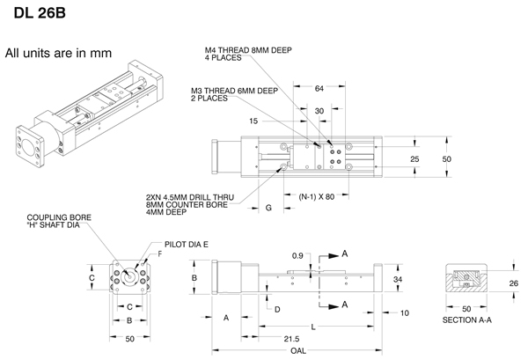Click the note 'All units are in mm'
(58, 54)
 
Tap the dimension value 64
(319, 88)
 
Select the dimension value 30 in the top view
(319, 111)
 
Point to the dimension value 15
(255, 121)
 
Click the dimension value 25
(414, 158)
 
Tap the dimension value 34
(398, 280)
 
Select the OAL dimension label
(297, 352)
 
